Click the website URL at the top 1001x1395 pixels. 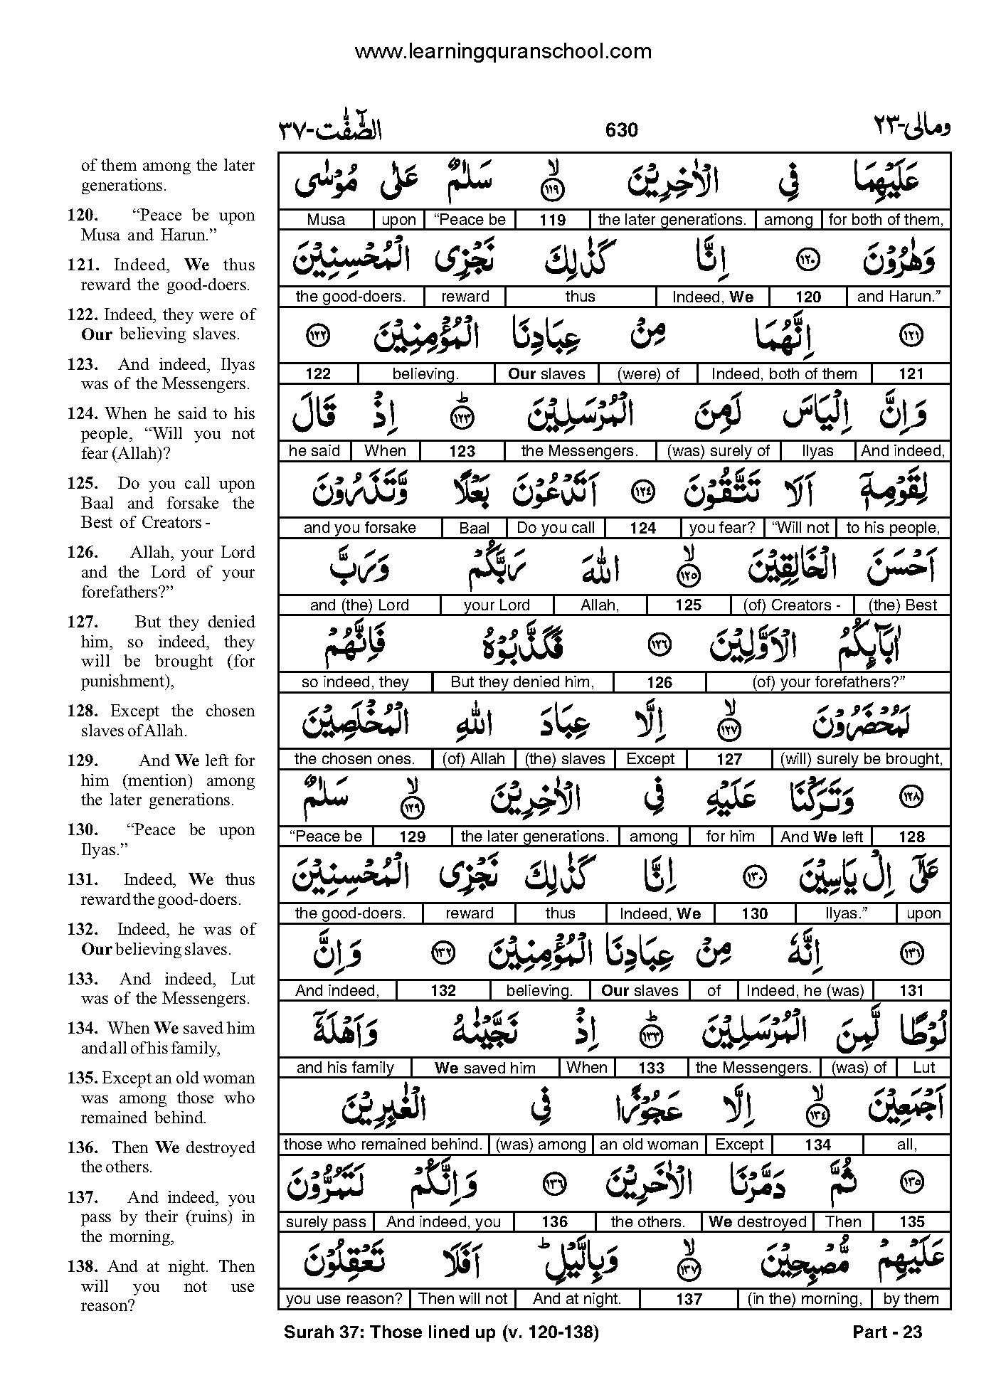click(502, 51)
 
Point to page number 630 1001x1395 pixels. click(621, 129)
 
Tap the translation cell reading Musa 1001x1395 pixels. click(326, 220)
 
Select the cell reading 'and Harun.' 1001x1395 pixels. click(899, 297)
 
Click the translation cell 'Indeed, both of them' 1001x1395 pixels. click(783, 374)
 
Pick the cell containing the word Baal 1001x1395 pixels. click(474, 528)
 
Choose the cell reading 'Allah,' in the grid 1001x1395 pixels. click(600, 605)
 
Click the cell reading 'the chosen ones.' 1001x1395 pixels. click(354, 759)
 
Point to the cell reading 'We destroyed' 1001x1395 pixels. click(757, 1222)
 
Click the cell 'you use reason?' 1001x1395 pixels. click(344, 1299)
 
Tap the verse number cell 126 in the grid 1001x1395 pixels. click(660, 683)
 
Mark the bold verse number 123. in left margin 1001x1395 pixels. click(82, 364)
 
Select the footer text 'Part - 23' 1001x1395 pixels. click(886, 1332)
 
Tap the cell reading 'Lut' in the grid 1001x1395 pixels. click(923, 1068)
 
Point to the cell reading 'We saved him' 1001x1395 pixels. click(484, 1068)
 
